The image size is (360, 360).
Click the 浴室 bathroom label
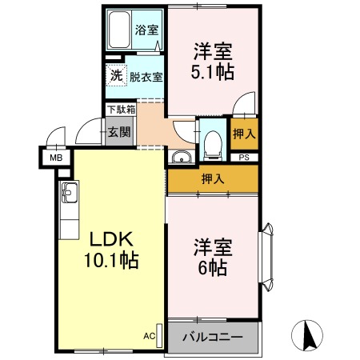146,31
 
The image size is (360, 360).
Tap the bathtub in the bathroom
121,31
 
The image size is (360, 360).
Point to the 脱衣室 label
146,77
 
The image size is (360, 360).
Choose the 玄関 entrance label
120,131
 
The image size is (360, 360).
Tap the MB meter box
56,158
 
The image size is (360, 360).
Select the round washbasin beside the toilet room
182,156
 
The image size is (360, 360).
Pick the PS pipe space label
244,158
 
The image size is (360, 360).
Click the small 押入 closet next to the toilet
244,134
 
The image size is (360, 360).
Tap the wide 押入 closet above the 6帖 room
212,179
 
